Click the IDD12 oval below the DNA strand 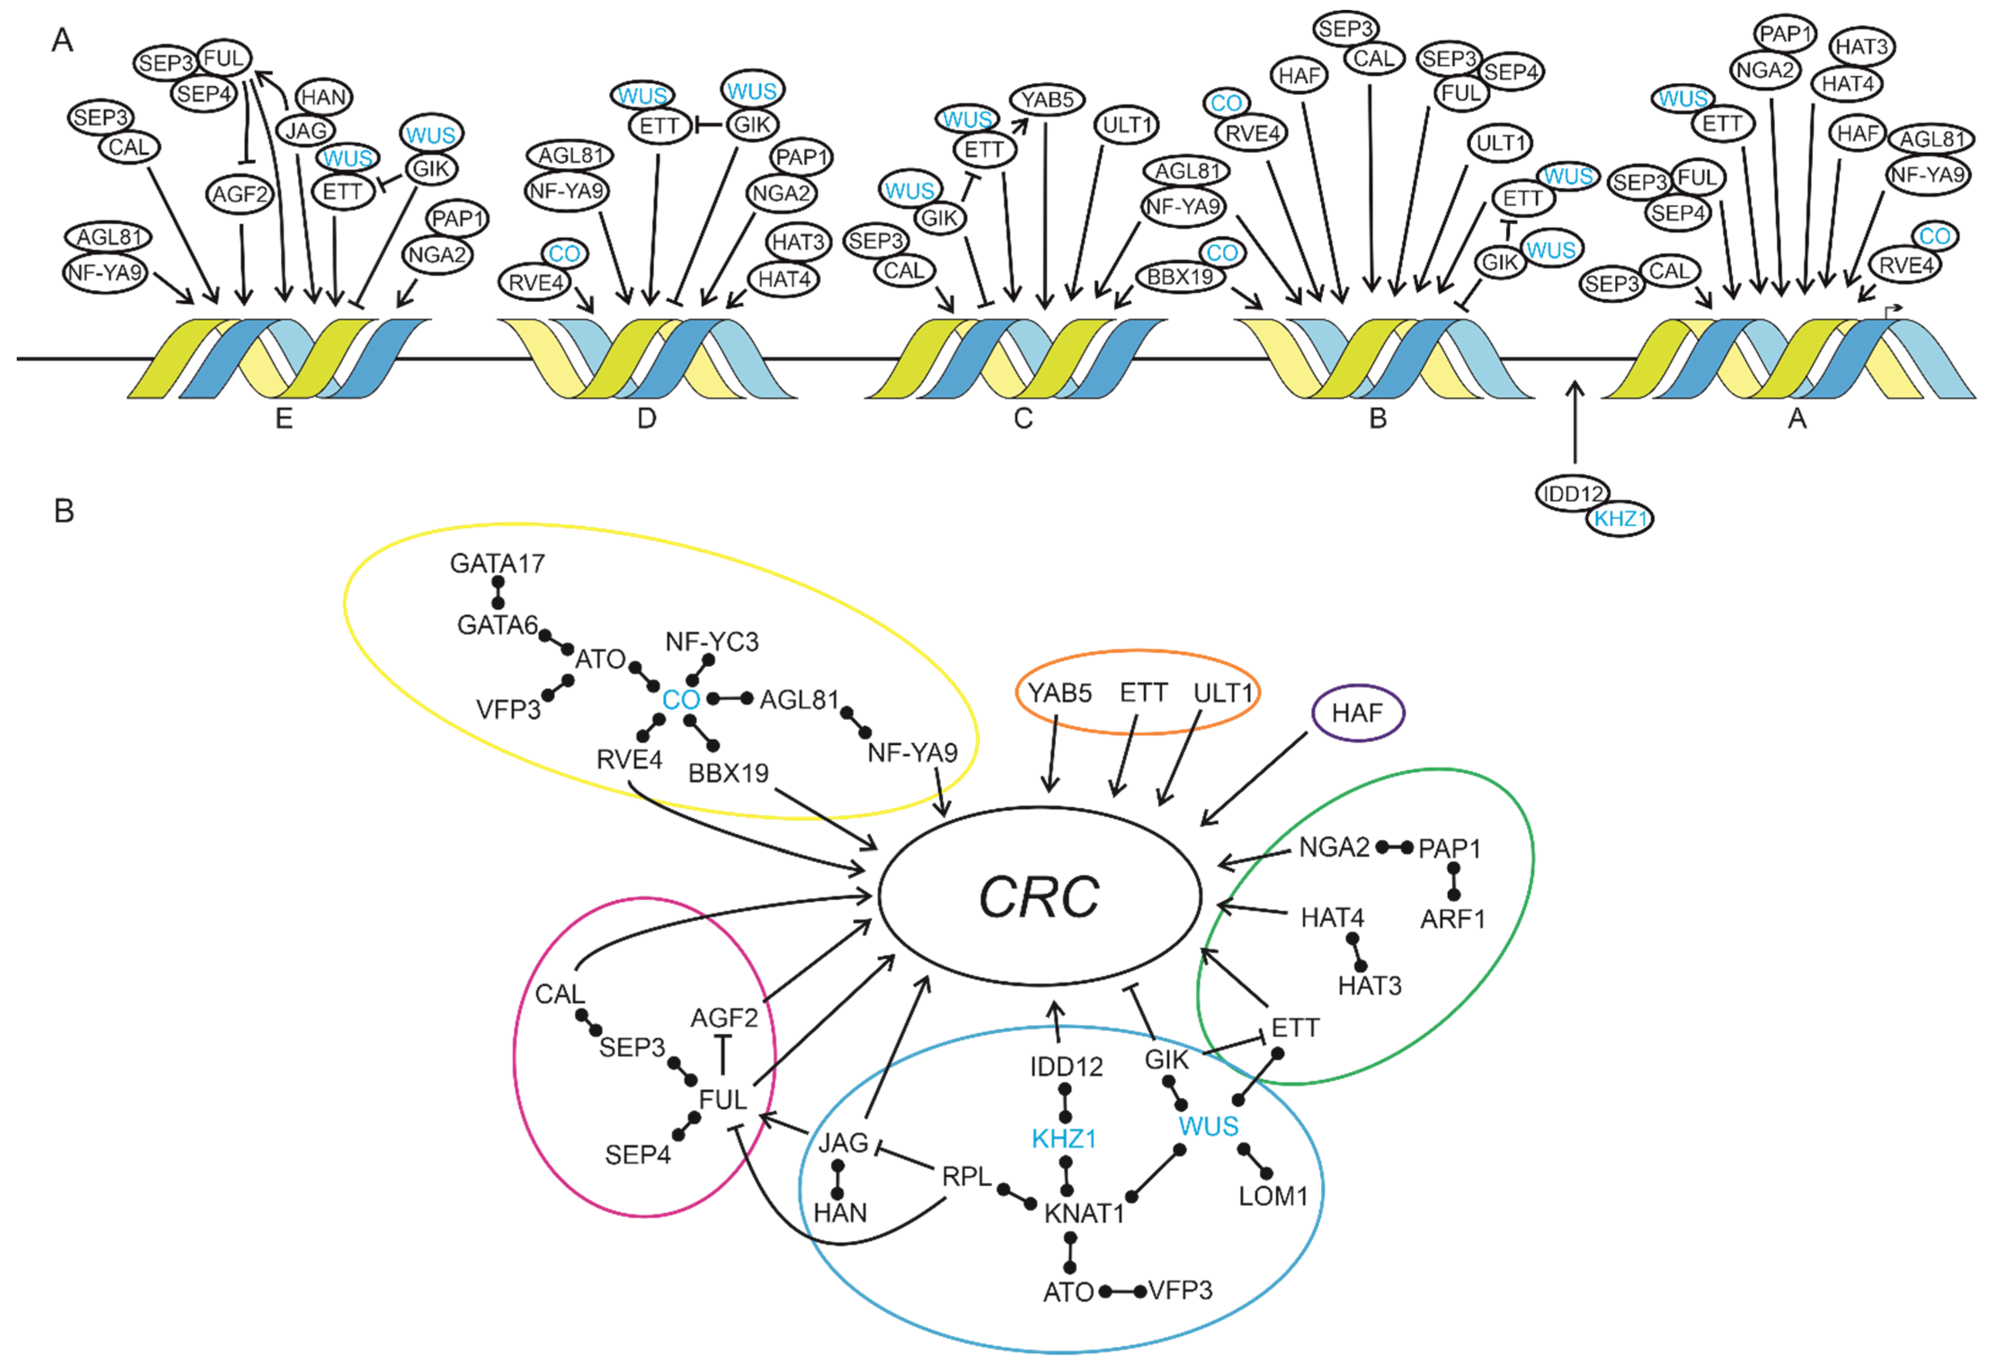point(1571,494)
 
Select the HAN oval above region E point(323,97)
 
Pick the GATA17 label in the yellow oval point(497,563)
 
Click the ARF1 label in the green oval point(1452,919)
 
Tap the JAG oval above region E point(306,130)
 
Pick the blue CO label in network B point(681,700)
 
